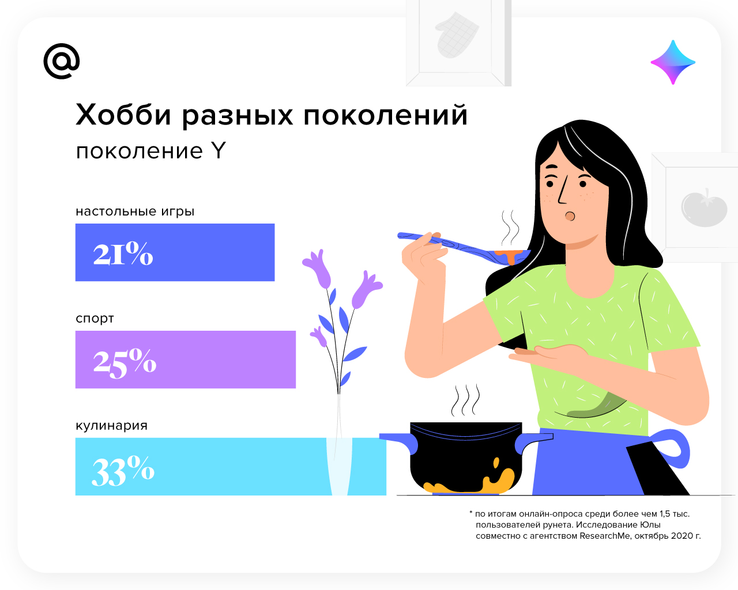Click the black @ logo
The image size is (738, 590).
(62, 61)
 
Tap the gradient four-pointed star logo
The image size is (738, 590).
(673, 62)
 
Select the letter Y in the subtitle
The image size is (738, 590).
(218, 151)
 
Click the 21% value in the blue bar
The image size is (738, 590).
(123, 254)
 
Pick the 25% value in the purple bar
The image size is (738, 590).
(125, 363)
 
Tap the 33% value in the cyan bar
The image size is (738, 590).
(123, 471)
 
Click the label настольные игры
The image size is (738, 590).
(135, 211)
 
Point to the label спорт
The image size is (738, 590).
(95, 319)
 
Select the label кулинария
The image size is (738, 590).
(111, 426)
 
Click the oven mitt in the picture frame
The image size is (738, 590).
(457, 35)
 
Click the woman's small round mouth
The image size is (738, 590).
(570, 216)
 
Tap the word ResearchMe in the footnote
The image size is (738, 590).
(605, 536)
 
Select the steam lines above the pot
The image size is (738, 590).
(465, 400)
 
